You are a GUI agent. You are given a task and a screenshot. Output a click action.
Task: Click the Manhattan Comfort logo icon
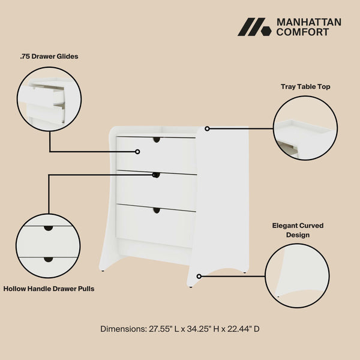pos(254,27)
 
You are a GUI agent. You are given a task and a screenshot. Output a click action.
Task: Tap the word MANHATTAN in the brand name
pos(308,22)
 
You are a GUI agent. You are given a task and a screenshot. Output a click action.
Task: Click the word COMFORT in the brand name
pos(302,32)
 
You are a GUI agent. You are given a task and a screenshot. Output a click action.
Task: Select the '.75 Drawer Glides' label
pos(49,56)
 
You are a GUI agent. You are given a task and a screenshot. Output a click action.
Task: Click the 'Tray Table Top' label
pos(305,86)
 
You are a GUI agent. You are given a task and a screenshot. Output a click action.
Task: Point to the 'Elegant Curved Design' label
pos(298,230)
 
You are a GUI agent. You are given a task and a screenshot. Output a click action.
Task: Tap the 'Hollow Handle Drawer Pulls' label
pos(49,289)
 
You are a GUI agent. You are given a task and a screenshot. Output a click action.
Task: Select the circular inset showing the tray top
pos(304,128)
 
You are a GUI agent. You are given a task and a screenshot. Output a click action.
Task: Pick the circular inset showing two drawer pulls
pos(48,245)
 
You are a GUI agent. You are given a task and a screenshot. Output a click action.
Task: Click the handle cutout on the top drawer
pos(157,140)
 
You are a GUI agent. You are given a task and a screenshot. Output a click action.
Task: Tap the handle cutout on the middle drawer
pos(156,175)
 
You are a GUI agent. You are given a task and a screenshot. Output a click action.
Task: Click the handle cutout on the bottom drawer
pos(157,210)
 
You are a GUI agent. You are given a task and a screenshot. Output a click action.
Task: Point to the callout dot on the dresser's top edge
pos(207,128)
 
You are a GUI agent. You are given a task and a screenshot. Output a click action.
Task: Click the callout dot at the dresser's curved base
pos(199,276)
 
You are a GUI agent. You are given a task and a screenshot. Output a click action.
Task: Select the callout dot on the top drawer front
pos(137,152)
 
